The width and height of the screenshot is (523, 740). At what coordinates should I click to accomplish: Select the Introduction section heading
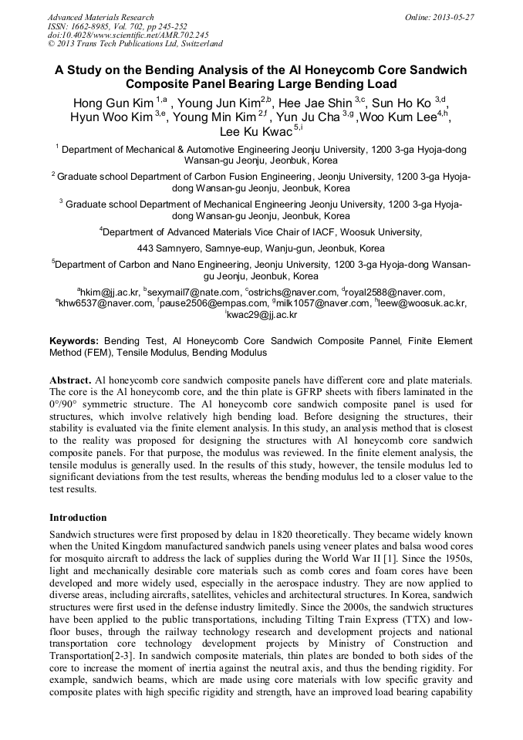pos(78,517)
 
